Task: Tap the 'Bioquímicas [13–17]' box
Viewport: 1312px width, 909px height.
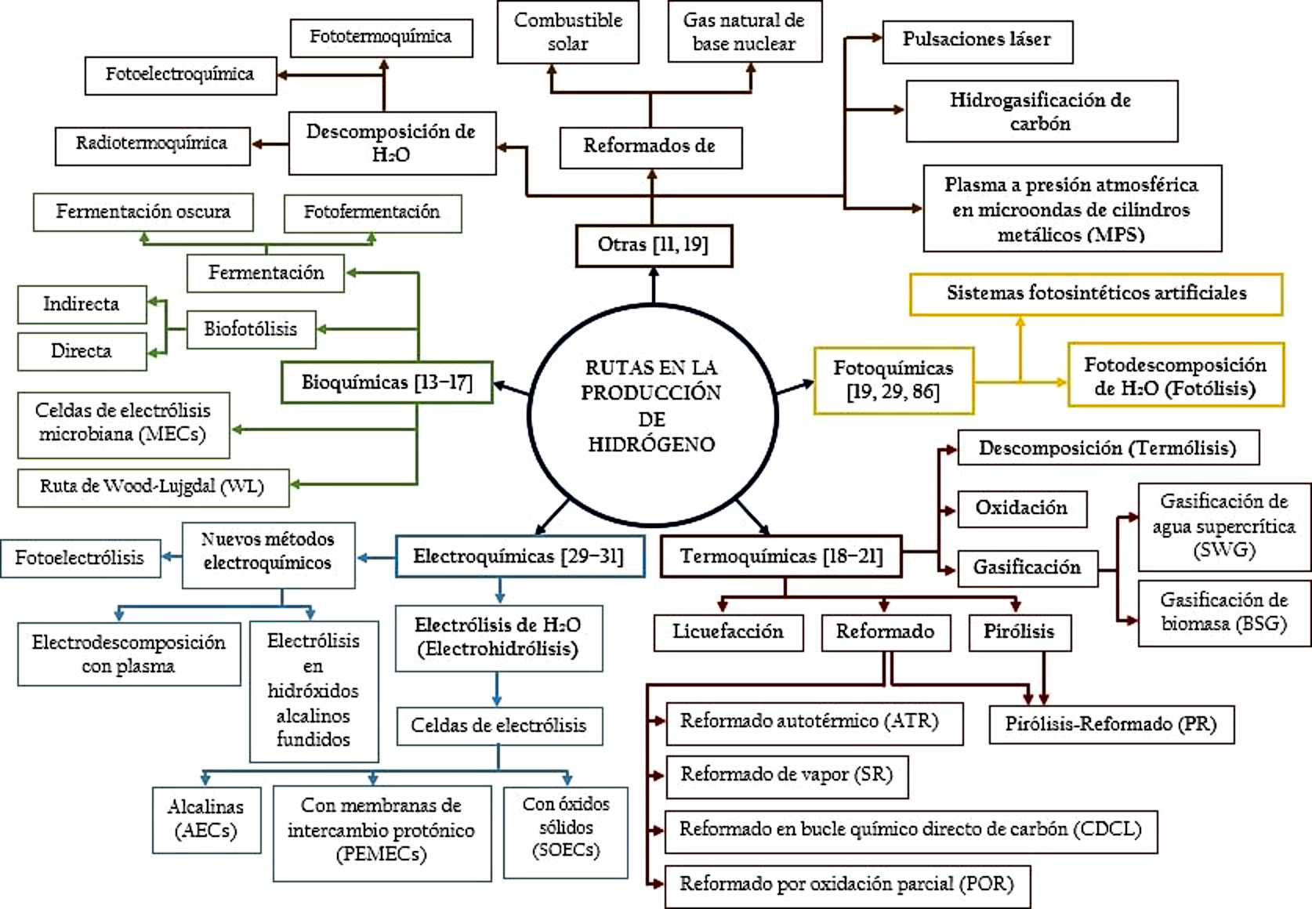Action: [x=387, y=382]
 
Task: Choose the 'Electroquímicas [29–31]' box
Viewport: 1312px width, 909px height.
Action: [x=520, y=556]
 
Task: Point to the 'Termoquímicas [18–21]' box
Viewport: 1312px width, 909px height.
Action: [x=781, y=556]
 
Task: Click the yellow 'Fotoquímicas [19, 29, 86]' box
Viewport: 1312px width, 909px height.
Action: [x=893, y=380]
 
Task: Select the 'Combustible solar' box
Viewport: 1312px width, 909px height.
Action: [x=567, y=32]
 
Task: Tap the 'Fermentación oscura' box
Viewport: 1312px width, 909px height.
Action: [x=143, y=212]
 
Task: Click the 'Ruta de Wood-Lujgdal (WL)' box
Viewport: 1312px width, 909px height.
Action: [x=153, y=487]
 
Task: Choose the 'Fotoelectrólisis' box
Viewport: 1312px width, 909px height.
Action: [x=80, y=558]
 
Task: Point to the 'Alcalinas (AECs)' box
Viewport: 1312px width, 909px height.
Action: [x=206, y=820]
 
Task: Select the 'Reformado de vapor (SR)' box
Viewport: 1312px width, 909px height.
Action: [x=786, y=776]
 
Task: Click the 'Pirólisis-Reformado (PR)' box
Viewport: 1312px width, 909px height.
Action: [x=1111, y=724]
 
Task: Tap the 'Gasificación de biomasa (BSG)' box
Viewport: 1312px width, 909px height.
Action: [x=1223, y=613]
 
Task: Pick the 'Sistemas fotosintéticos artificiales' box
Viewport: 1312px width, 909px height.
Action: [x=1096, y=294]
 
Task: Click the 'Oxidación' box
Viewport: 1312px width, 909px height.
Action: [x=1021, y=509]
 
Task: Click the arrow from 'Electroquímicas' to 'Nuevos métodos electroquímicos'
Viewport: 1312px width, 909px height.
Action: [x=376, y=558]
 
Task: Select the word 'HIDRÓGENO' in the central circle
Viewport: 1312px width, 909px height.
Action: [x=651, y=445]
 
